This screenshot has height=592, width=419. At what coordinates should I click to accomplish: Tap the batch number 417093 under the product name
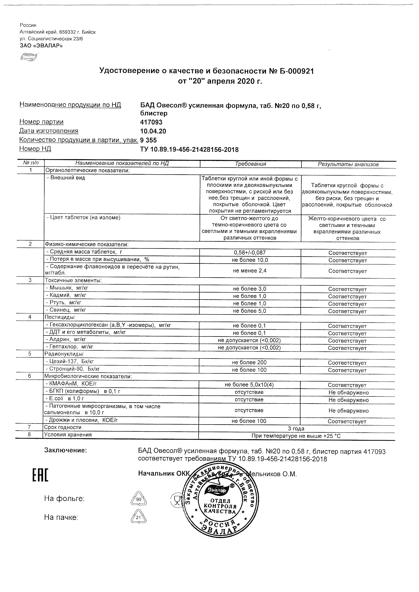[151, 122]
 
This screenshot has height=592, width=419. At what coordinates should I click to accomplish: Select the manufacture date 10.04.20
[153, 131]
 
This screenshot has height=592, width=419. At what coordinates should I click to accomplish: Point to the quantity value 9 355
[148, 140]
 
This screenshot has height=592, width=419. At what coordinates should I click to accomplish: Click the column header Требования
[251, 164]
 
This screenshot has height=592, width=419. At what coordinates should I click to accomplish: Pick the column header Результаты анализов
[348, 164]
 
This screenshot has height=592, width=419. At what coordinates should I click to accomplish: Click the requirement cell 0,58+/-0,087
[250, 253]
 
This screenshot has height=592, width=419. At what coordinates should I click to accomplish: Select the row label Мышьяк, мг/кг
[67, 288]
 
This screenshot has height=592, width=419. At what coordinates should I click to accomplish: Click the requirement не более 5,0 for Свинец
[249, 311]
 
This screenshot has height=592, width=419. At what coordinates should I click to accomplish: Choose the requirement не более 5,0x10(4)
[249, 385]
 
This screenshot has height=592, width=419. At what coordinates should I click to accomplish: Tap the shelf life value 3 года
[296, 429]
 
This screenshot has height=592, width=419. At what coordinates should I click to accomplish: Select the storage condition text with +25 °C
[296, 436]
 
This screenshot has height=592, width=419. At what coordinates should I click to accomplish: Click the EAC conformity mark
[40, 475]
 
